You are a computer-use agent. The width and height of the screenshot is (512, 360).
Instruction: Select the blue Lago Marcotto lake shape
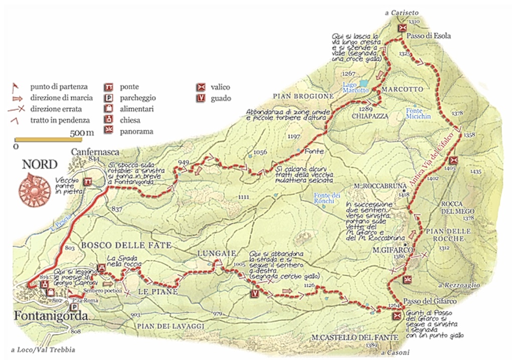pos(363,82)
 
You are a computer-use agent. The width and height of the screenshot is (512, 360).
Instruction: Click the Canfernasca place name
pos(89,151)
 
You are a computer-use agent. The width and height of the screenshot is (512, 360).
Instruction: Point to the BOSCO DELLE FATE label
pos(126,245)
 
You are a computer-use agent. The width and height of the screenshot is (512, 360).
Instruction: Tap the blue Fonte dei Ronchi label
pos(323,198)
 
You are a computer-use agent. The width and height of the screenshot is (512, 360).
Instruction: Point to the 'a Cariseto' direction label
pos(402,13)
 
